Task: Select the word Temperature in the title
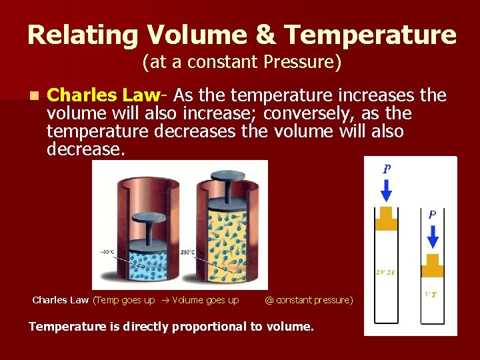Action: pyautogui.click(x=360, y=35)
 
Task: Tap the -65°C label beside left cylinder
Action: pyautogui.click(x=107, y=251)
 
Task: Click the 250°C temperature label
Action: pyautogui.click(x=187, y=252)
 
